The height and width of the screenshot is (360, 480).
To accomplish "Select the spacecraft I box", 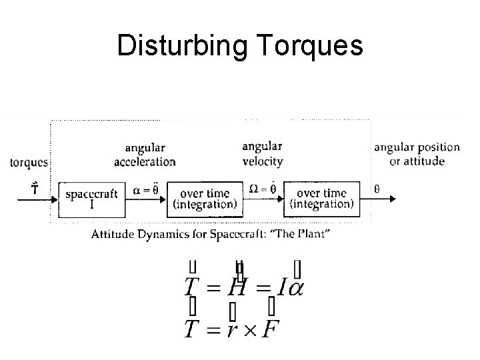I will tap(91, 198).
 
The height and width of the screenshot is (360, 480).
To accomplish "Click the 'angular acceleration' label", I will tap(145, 154).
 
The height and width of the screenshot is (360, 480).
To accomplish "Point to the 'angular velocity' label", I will tap(262, 153).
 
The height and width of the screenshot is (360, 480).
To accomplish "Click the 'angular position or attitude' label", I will tap(417, 154).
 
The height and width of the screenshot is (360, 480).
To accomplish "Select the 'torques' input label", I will tap(29, 162).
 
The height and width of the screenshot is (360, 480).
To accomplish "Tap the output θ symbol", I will tap(377, 189).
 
